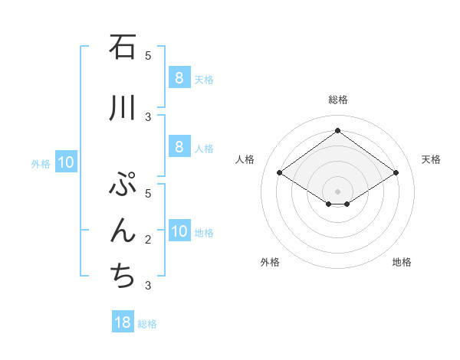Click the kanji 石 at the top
[123, 47]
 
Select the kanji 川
[123, 109]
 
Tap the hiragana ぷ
[123, 186]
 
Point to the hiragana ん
[123, 231]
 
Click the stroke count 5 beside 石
[148, 55]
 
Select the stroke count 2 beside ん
[148, 240]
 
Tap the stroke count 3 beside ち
[148, 286]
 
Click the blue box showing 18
[123, 322]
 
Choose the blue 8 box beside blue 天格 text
[179, 77]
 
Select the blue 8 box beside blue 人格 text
[179, 147]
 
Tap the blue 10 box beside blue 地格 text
[179, 231]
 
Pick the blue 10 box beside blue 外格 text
[65, 162]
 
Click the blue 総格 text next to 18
[147, 324]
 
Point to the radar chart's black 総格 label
[337, 100]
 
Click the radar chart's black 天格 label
[431, 159]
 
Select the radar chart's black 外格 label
[270, 262]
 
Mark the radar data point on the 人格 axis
[280, 173]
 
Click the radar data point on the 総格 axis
[337, 131]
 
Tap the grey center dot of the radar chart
[337, 191]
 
